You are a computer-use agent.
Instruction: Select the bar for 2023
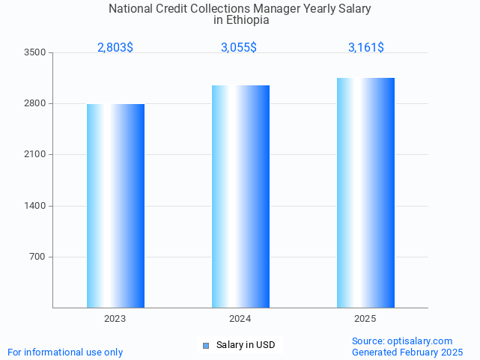pyautogui.click(x=115, y=206)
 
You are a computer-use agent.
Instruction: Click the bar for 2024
pyautogui.click(x=240, y=196)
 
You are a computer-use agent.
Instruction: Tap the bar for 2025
pyautogui.click(x=365, y=192)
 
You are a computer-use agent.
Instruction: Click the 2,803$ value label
pyautogui.click(x=115, y=48)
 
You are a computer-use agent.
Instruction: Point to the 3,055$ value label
pyautogui.click(x=239, y=48)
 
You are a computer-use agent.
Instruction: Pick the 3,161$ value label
pyautogui.click(x=366, y=48)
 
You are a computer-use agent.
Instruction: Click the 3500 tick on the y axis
pyautogui.click(x=34, y=52)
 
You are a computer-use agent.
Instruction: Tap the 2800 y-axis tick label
pyautogui.click(x=34, y=103)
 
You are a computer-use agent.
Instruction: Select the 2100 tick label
pyautogui.click(x=34, y=154)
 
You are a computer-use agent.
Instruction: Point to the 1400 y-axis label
pyautogui.click(x=34, y=206)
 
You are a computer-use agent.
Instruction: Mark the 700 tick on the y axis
pyautogui.click(x=37, y=257)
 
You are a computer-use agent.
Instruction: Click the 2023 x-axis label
pyautogui.click(x=115, y=319)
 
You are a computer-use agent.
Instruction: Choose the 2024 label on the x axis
pyautogui.click(x=240, y=319)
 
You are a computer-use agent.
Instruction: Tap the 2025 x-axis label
pyautogui.click(x=365, y=319)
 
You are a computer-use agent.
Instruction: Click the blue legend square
pyautogui.click(x=206, y=345)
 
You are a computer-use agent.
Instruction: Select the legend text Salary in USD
pyautogui.click(x=246, y=345)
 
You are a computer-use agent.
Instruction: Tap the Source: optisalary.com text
pyautogui.click(x=402, y=341)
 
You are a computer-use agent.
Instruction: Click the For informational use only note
pyautogui.click(x=65, y=352)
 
